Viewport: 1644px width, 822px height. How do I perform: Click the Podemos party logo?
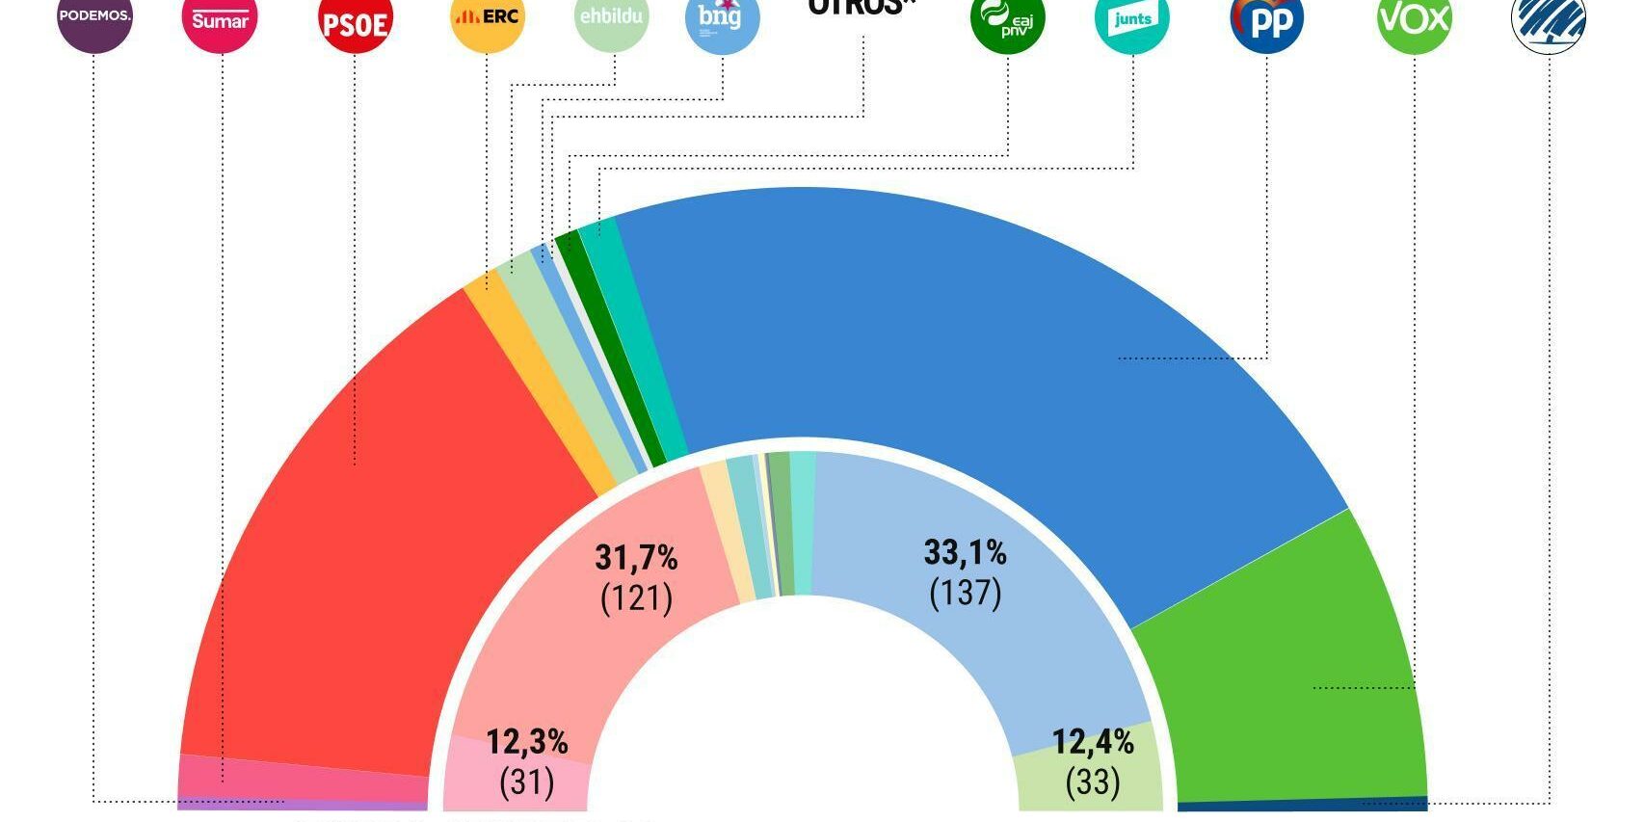[x=94, y=17]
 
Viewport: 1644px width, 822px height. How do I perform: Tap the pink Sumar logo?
[x=220, y=19]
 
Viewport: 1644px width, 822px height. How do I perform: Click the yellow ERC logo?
[x=488, y=17]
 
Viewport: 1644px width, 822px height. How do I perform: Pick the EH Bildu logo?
[x=612, y=17]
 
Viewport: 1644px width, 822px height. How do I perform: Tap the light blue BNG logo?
[x=722, y=17]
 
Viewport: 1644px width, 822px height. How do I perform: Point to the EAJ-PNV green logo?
[x=1007, y=19]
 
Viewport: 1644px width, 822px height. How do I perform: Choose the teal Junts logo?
[x=1132, y=19]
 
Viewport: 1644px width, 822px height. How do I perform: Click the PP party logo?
[x=1267, y=21]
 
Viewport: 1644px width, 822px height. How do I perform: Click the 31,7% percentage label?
[x=636, y=557]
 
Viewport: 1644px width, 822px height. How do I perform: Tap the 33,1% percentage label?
[x=965, y=552]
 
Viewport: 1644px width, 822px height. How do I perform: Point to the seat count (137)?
[x=965, y=592]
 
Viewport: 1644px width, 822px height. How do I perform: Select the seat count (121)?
[x=636, y=598]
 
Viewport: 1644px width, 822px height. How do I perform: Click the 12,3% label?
[x=526, y=742]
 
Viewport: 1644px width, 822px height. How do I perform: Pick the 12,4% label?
[x=1092, y=742]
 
